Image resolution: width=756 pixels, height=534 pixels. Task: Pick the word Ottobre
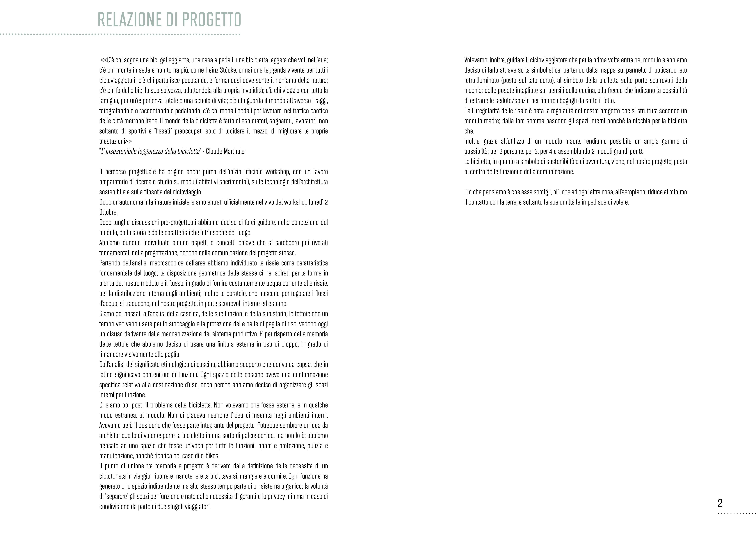(x=108, y=212)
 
